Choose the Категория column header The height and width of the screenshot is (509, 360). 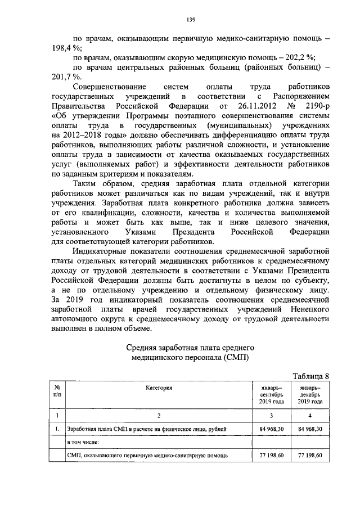click(x=159, y=388)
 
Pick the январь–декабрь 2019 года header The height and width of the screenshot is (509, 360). click(x=310, y=395)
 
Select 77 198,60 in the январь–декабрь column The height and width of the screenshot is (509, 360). click(x=310, y=455)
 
